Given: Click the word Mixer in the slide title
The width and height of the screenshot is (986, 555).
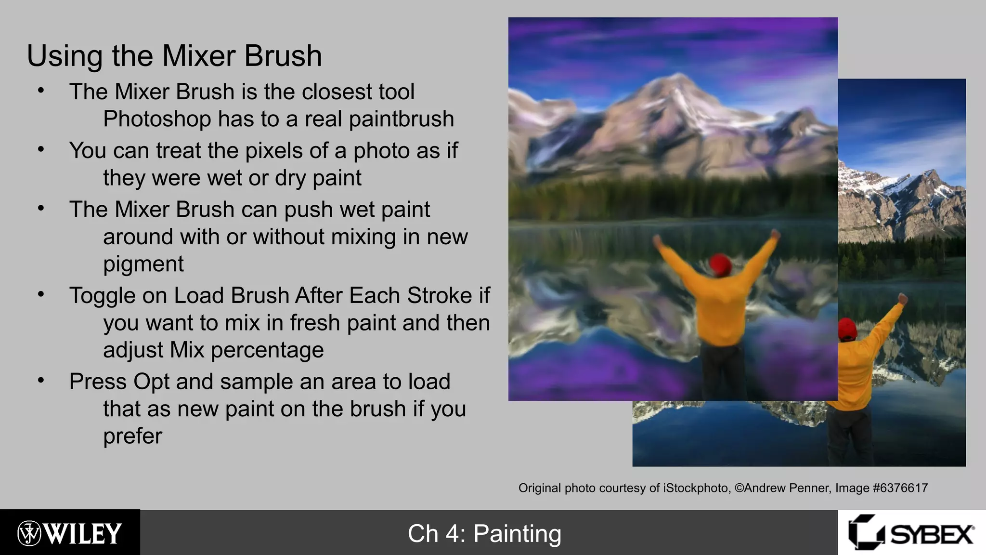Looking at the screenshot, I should (x=199, y=56).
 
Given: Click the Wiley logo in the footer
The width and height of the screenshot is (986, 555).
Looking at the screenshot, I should (x=70, y=533).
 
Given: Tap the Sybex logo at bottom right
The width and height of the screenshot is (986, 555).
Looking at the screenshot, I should (x=911, y=533).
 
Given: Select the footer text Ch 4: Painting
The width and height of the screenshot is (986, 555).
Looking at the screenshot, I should (x=484, y=534).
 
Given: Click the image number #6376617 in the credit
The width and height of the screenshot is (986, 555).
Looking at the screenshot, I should (x=900, y=488).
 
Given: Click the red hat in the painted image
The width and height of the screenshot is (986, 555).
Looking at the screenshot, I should (x=721, y=264).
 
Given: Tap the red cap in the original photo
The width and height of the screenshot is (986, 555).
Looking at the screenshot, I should (x=847, y=329).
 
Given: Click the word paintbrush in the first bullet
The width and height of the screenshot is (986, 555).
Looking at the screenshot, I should (x=401, y=119).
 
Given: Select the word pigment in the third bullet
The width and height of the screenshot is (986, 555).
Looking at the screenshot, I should (x=143, y=264).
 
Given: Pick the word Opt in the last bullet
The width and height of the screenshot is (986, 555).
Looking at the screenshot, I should (x=151, y=382).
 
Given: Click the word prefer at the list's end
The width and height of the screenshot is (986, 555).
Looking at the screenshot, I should (x=133, y=436).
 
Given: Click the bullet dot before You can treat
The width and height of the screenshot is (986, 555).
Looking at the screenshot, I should (x=41, y=149).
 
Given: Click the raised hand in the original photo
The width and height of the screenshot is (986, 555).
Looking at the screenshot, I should (x=902, y=299).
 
